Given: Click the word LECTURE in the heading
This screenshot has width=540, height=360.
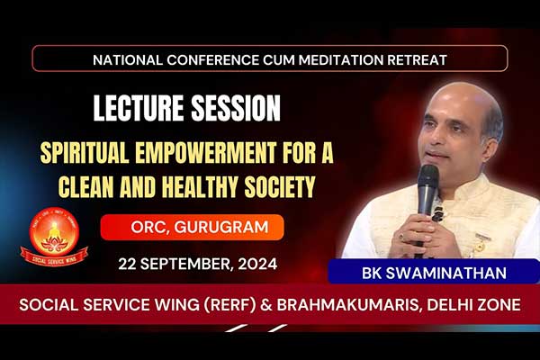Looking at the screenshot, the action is (139, 108).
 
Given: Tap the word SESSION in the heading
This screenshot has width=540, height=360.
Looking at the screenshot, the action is (236, 108).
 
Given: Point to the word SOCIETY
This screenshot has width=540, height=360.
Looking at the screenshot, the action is (280, 186).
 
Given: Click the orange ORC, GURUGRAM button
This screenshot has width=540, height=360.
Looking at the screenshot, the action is (193, 228).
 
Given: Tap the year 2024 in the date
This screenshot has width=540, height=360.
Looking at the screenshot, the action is (257, 265).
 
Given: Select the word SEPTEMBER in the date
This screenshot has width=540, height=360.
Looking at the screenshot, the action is (184, 265).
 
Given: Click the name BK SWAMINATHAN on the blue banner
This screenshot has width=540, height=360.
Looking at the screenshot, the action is (434, 274).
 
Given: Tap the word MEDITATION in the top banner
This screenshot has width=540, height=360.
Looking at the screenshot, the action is (341, 60).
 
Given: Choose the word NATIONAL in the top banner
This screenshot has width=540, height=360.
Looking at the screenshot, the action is (128, 60).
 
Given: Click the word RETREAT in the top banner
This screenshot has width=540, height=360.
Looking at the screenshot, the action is (418, 60).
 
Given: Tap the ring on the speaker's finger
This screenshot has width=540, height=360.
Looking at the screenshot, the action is (401, 237).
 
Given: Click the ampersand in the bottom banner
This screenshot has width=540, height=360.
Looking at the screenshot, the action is (266, 305).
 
